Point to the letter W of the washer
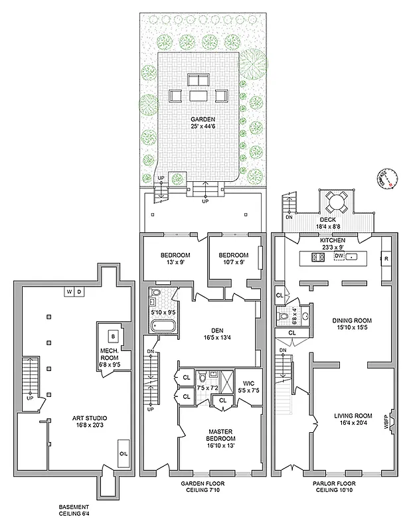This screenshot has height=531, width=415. (x=68, y=291)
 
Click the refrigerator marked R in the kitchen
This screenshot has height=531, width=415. (x=385, y=258)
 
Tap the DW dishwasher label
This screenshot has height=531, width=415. (x=339, y=256)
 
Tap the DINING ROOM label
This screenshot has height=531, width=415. (x=351, y=323)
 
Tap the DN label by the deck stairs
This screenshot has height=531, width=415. (x=288, y=216)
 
